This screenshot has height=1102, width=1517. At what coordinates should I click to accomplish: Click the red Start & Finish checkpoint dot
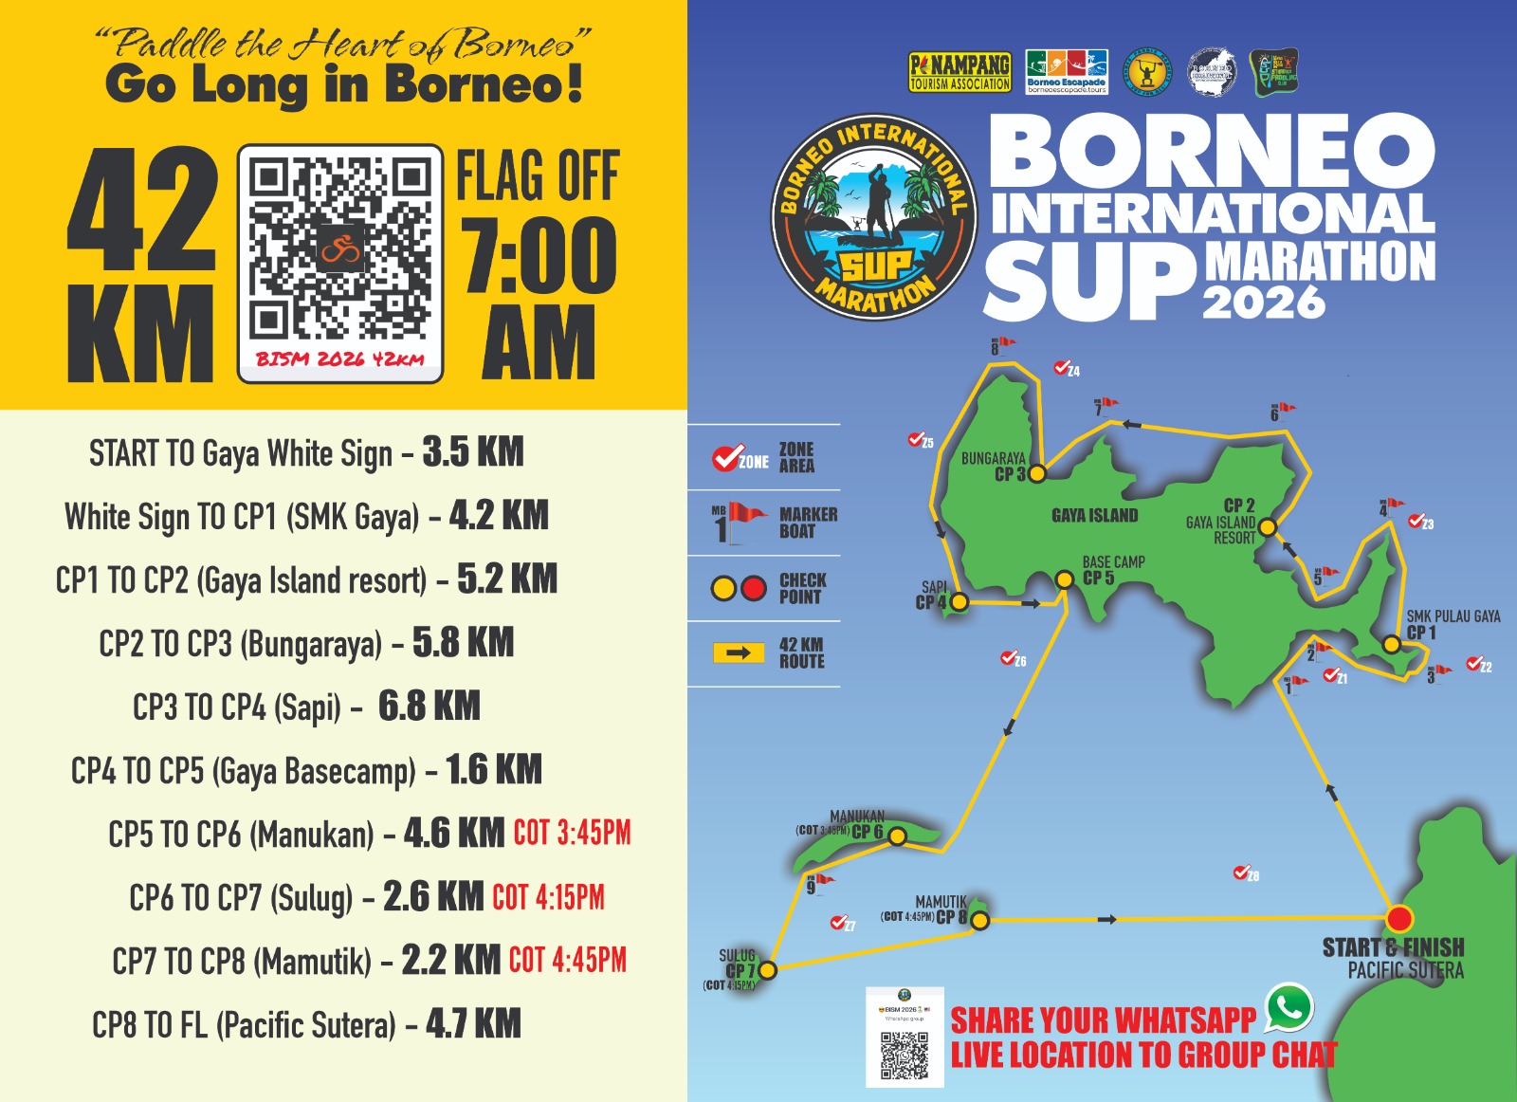(1398, 918)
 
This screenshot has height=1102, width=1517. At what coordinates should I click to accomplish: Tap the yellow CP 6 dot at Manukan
(897, 836)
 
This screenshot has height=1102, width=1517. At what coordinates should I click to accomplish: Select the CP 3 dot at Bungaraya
(1037, 472)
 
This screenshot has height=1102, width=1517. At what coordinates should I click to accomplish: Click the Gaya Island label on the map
(1094, 516)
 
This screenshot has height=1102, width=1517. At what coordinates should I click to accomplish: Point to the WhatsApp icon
(1289, 1008)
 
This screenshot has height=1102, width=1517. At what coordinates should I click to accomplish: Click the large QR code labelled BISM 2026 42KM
(340, 251)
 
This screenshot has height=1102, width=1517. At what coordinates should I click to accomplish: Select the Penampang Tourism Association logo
(960, 72)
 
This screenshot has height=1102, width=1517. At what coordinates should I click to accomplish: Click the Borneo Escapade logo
(1067, 72)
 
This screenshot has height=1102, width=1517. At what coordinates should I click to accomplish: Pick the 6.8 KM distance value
(430, 707)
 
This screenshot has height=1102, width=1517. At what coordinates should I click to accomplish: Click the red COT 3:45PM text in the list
(572, 834)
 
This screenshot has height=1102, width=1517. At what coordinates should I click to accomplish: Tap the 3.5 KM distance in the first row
(473, 452)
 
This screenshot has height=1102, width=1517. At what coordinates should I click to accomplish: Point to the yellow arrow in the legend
(739, 652)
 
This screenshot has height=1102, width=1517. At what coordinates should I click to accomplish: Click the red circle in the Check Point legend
(754, 588)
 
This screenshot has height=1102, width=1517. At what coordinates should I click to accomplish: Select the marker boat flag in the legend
(746, 516)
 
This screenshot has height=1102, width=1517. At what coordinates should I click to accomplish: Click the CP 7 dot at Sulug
(768, 969)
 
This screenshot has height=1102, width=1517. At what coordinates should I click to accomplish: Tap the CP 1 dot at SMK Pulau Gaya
(1391, 644)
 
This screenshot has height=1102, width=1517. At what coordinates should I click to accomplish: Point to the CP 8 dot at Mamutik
(980, 920)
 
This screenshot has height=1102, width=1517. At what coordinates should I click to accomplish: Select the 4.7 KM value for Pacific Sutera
(473, 1024)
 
